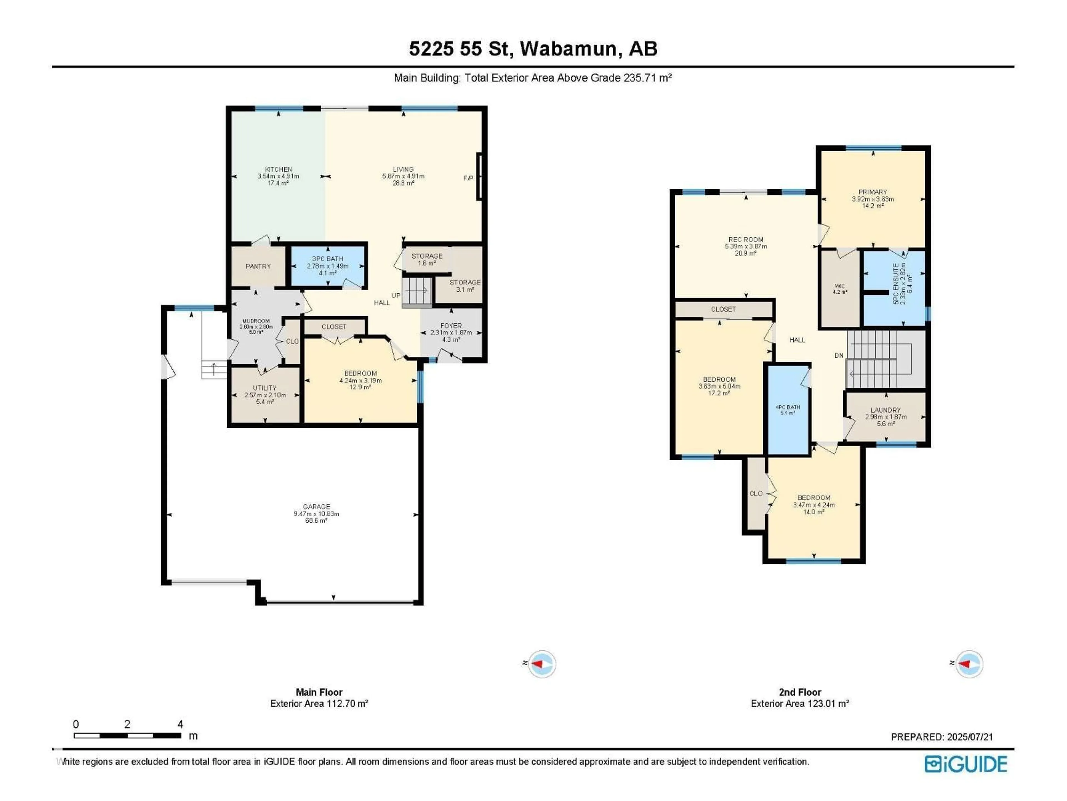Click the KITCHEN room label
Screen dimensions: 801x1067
(278, 169)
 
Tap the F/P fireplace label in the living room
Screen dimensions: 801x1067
(468, 178)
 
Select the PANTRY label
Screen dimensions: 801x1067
(258, 266)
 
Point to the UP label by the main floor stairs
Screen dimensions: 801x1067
(396, 295)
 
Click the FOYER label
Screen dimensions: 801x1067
(450, 325)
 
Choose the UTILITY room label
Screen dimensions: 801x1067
(265, 388)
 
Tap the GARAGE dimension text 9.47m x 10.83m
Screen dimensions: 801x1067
(316, 514)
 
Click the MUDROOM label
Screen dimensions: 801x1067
(256, 321)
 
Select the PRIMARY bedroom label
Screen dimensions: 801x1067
(872, 192)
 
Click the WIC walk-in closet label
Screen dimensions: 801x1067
(839, 286)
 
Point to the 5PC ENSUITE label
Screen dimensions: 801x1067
(896, 283)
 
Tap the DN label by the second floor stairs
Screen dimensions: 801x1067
(839, 355)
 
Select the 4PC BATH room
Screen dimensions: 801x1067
(788, 409)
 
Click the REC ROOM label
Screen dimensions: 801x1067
(746, 239)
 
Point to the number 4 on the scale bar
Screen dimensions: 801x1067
(180, 724)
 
